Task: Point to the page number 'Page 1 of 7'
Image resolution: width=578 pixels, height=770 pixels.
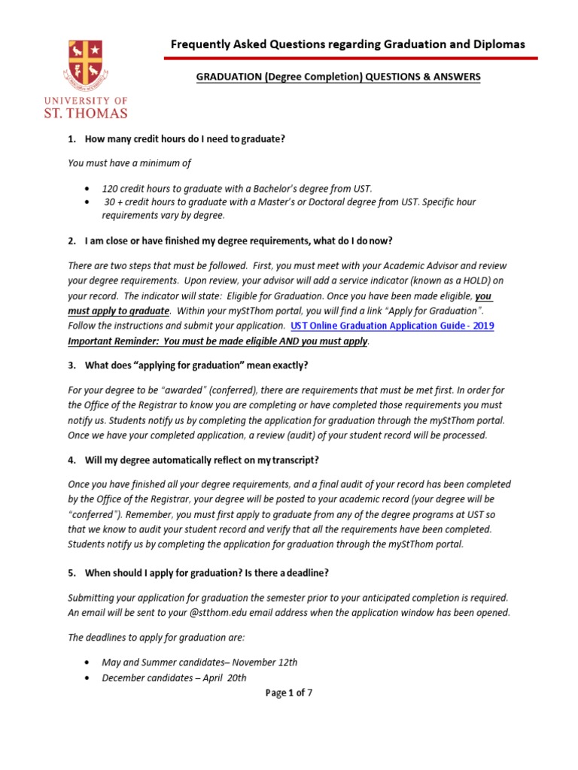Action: click(289, 693)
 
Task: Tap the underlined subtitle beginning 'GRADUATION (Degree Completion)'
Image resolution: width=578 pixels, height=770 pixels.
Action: click(338, 77)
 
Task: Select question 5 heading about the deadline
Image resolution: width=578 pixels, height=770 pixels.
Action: click(205, 573)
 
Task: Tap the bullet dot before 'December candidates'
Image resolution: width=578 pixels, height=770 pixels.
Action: click(90, 678)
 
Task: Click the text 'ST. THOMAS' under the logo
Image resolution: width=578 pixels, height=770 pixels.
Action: click(95, 114)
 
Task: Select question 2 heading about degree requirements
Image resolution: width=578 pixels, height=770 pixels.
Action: click(238, 241)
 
